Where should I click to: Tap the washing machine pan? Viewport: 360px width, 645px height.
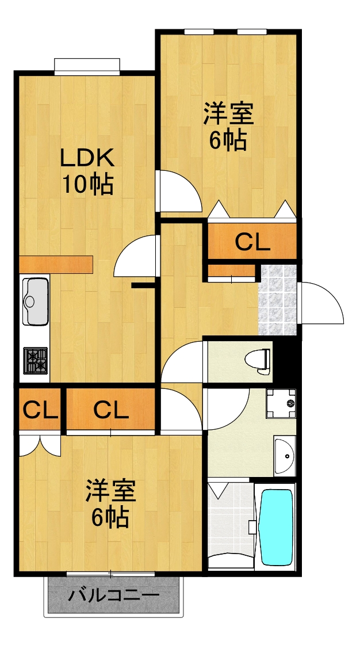(x=281, y=403)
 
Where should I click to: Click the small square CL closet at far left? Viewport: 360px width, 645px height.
(x=40, y=410)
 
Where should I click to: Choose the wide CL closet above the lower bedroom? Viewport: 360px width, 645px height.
(x=111, y=410)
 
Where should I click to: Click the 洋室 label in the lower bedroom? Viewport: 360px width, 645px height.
(x=110, y=492)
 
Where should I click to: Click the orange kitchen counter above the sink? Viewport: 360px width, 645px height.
(x=56, y=264)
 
